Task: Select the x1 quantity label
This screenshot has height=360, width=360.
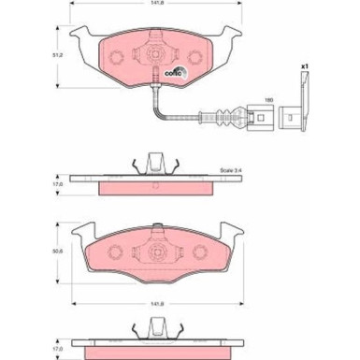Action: point(306,67)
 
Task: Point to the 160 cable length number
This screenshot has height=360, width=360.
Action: point(267,100)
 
